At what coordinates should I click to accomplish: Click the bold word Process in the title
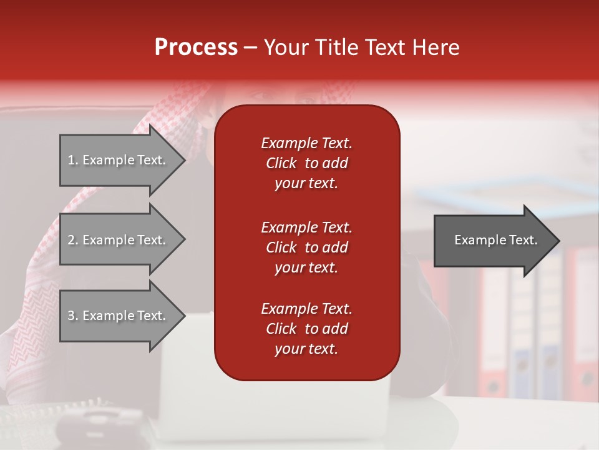click(196, 47)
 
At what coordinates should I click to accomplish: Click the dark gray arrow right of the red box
click(493, 241)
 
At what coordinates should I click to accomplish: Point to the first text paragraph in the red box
click(306, 163)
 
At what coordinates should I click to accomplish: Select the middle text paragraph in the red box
click(306, 247)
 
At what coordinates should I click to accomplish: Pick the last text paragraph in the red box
click(306, 329)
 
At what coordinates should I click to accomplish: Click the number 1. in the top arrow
click(73, 160)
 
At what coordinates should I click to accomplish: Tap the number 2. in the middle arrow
click(73, 240)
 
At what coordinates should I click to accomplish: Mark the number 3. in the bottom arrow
click(73, 316)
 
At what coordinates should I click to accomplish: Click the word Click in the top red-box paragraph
click(281, 163)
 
